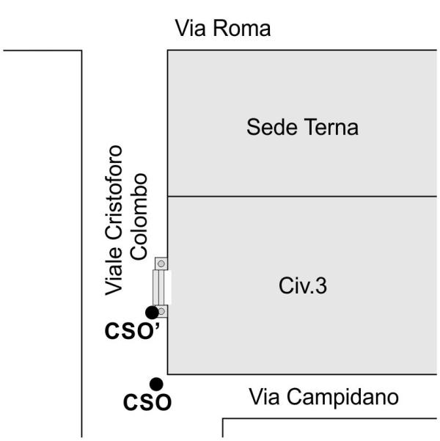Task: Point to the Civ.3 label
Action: (301, 286)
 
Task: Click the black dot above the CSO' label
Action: (151, 312)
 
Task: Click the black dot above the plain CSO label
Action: (155, 383)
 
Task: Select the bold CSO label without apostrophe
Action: (147, 402)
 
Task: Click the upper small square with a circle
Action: (161, 263)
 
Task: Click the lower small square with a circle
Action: (162, 312)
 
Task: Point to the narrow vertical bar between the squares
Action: (157, 288)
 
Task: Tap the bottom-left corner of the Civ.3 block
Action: (169, 374)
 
